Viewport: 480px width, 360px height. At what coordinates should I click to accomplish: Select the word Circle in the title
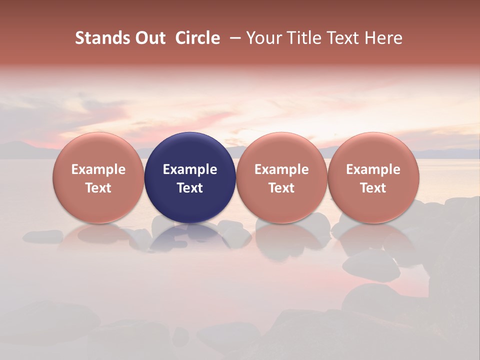(197, 38)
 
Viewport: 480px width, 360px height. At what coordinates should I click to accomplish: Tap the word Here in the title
(384, 38)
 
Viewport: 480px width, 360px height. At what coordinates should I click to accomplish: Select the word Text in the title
(345, 38)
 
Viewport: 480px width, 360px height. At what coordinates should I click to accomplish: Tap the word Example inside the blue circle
(190, 169)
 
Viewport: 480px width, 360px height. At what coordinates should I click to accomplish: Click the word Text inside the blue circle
(190, 188)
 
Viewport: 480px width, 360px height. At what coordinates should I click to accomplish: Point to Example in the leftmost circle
(98, 169)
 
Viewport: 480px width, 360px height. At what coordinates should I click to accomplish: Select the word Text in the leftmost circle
(98, 188)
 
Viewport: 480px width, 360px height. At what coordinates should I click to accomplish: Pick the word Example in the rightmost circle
(373, 169)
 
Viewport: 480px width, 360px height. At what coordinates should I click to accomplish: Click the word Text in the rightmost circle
(373, 188)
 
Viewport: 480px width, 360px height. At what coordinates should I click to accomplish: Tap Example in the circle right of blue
(281, 169)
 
